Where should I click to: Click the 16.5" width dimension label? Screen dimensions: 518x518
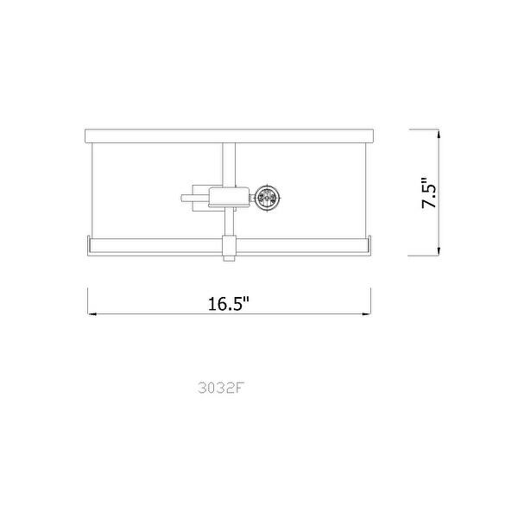(x=228, y=304)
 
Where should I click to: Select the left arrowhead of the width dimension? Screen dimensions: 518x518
(x=89, y=313)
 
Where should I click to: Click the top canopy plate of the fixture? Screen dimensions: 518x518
(x=229, y=133)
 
